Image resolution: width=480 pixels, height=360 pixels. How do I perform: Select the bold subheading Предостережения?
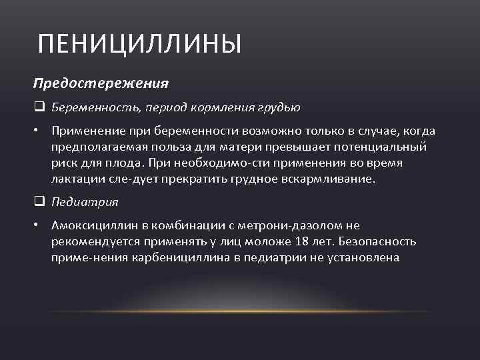101,84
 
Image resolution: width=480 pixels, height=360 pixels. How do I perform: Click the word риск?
63,163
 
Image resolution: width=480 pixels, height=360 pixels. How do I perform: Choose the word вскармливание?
333,178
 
